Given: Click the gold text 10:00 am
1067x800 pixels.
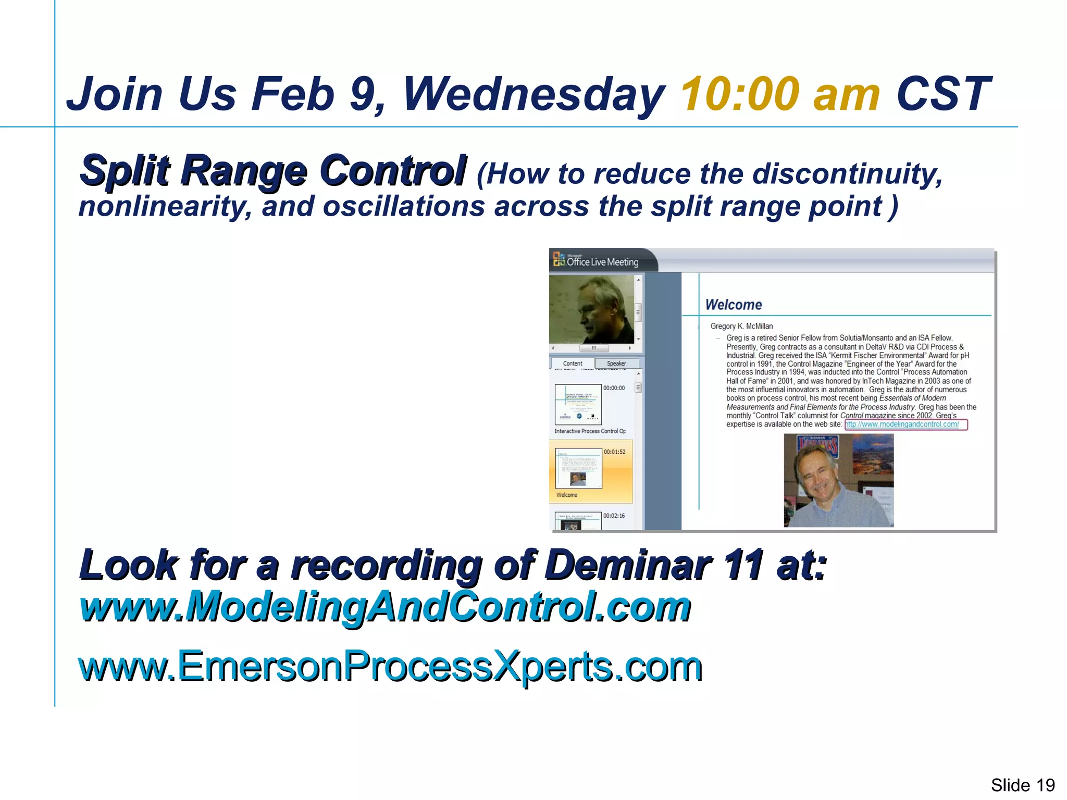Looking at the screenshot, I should (780, 94).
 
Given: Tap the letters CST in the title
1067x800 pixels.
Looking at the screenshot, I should (942, 94).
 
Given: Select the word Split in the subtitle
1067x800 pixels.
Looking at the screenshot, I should (125, 170).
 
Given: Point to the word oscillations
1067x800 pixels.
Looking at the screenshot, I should (404, 206).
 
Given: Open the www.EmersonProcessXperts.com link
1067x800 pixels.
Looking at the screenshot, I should (390, 666).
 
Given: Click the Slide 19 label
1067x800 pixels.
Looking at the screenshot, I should (1022, 784).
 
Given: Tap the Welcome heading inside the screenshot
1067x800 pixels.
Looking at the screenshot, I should (733, 305).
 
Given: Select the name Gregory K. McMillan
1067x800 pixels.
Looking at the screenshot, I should (741, 326).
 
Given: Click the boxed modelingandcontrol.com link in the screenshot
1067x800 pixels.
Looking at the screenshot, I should (905, 424).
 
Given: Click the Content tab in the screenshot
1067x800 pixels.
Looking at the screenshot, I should (572, 364).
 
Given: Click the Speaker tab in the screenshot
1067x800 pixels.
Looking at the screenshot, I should (616, 364).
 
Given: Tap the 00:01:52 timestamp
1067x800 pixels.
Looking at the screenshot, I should (614, 452).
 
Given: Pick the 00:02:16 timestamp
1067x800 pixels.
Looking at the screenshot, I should (614, 516).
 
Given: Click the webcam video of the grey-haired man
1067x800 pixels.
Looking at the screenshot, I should (591, 310).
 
